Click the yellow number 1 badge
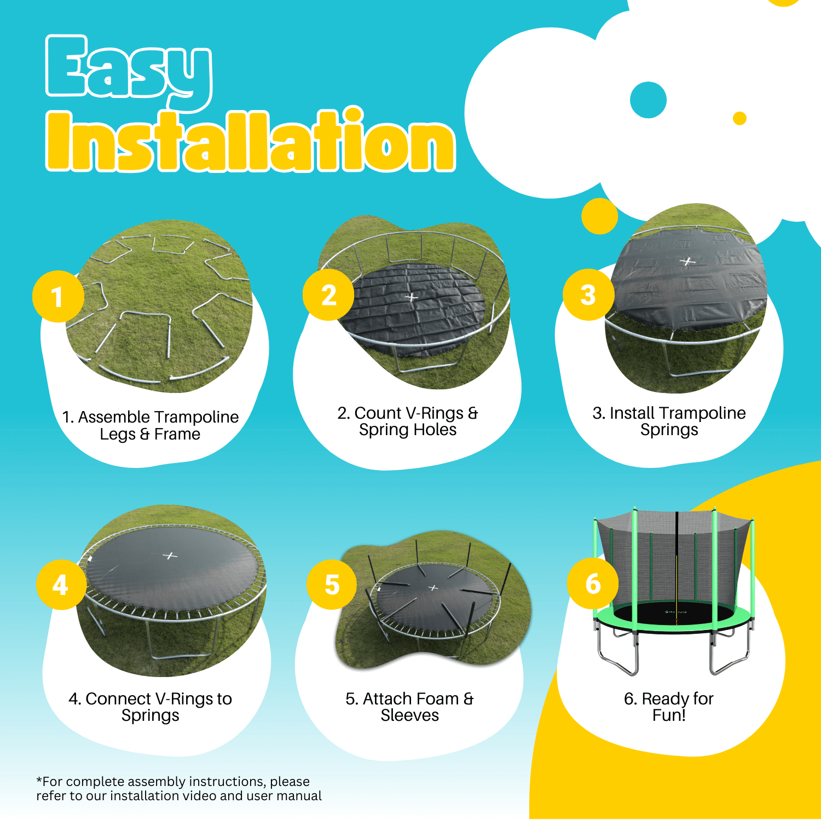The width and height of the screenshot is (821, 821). click(x=58, y=296)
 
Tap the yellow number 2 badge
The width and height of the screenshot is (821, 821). click(x=328, y=294)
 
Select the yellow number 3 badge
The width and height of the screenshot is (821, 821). click(x=588, y=294)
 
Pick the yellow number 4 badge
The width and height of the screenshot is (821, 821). click(x=61, y=585)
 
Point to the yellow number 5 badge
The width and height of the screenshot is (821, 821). click(x=332, y=584)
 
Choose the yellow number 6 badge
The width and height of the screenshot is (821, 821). click(x=593, y=583)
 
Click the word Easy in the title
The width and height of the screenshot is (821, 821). click(x=129, y=71)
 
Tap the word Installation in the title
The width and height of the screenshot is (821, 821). click(x=251, y=140)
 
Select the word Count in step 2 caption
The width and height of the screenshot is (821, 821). click(x=378, y=413)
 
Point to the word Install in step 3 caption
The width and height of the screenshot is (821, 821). click(x=632, y=413)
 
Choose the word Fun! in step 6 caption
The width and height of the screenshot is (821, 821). click(x=669, y=715)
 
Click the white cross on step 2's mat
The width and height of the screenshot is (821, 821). click(x=412, y=297)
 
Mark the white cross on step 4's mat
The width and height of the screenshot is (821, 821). click(x=170, y=556)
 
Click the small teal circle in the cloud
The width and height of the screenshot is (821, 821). click(x=648, y=100)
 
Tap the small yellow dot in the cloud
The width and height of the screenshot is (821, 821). click(x=739, y=118)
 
